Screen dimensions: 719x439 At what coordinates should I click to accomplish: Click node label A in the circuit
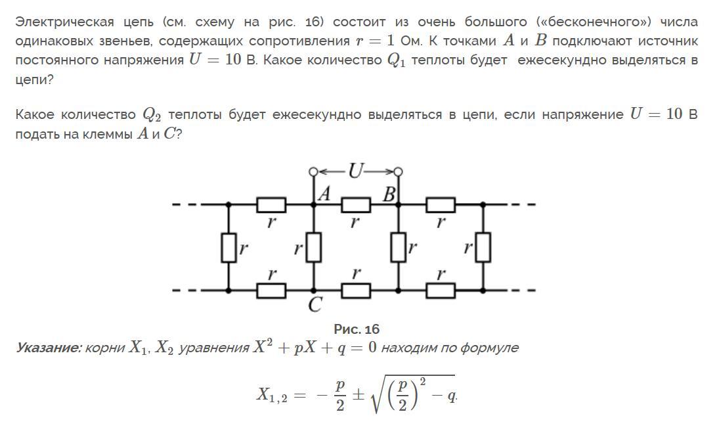pos(324,194)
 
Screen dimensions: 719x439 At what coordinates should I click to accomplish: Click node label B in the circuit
pos(389,195)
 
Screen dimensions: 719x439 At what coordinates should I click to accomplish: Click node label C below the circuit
pos(315,304)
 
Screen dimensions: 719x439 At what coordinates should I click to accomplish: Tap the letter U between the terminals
pos(355,171)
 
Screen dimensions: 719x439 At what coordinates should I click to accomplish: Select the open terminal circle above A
pos(314,172)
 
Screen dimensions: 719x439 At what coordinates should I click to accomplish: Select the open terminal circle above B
pos(399,172)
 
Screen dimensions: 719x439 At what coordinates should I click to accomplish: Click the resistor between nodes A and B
pos(356,204)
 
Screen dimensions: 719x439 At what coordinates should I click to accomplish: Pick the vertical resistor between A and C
pos(314,248)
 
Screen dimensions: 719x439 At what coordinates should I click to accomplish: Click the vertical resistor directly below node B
pos(399,248)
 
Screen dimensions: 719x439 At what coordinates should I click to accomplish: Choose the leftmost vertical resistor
pos(229,248)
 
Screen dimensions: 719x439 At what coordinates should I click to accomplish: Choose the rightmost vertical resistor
pos(483,248)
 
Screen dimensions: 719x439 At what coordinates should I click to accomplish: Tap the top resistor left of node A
pos(271,204)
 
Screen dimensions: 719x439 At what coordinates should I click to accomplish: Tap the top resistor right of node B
pos(441,204)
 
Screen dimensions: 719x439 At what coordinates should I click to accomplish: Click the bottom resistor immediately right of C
pos(356,291)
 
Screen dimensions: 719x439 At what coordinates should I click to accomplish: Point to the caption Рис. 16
pos(357,329)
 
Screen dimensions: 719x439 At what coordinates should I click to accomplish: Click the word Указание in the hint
pos(49,348)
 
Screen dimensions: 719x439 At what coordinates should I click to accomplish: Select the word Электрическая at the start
pos(64,22)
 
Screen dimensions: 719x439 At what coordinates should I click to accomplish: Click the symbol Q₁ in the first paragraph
pos(397,61)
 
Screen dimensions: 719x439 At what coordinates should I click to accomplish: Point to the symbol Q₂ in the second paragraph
pos(152,115)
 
